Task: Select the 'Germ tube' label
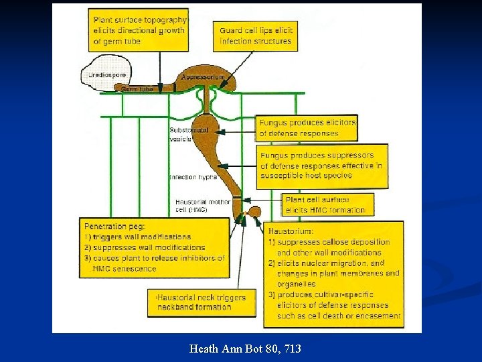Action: point(137,88)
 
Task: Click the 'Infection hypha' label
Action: point(193,177)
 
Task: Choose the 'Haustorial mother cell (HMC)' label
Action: point(202,205)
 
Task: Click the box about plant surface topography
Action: point(139,29)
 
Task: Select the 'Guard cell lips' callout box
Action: point(256,36)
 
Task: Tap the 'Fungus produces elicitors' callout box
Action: point(307,128)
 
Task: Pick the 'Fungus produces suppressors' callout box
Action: point(322,166)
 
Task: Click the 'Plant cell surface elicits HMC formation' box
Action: point(326,204)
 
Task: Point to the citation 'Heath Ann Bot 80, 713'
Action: point(245,349)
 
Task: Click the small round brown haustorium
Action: point(254,212)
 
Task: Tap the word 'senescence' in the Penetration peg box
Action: point(133,269)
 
